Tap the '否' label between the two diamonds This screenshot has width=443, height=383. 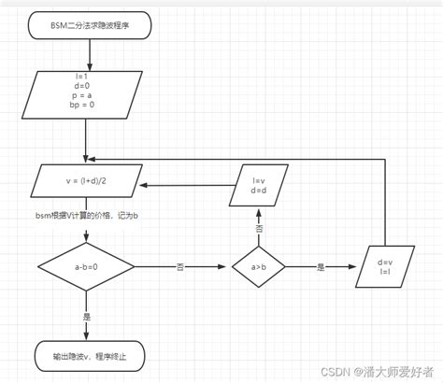tap(179, 267)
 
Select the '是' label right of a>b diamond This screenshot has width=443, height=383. tap(320, 267)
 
